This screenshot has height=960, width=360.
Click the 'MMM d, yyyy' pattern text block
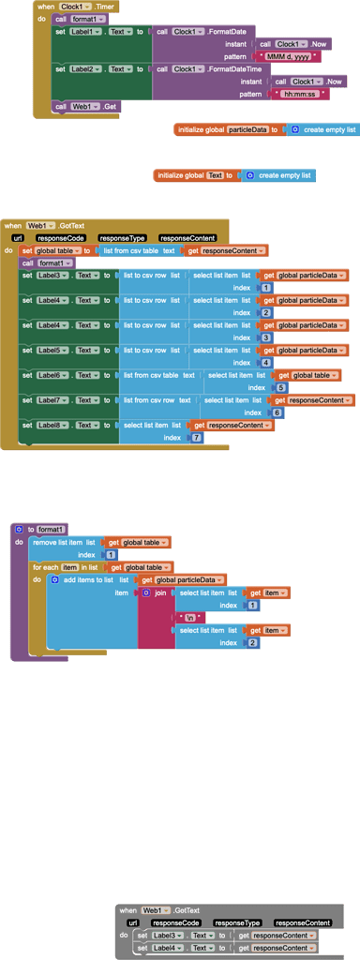287,56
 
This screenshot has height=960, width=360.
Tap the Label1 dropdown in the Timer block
85,32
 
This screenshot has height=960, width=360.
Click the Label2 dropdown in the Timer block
85,68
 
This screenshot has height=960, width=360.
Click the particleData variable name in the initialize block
247,129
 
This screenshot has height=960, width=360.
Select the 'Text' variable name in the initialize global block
215,175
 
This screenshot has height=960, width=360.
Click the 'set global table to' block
56,250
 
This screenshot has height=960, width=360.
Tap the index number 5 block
278,387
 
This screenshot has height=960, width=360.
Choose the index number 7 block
196,438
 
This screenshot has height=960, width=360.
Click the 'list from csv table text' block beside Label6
158,375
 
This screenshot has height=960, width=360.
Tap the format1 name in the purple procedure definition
51,530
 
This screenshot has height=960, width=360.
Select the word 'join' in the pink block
160,592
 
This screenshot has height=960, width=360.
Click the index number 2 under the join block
251,642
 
